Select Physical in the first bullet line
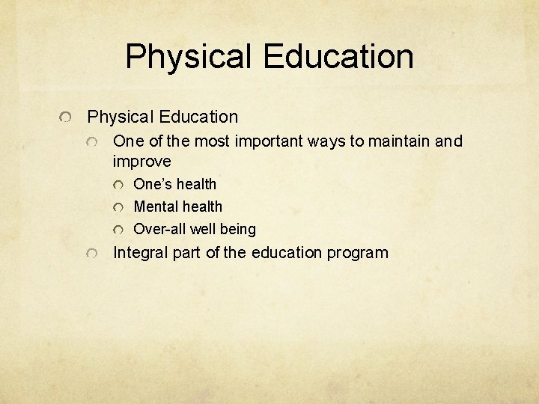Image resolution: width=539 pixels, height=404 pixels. coord(120,117)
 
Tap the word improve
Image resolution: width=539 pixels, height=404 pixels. coord(141,162)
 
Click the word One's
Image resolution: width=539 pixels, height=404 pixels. coord(153,184)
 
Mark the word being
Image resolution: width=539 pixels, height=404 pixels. coord(238,229)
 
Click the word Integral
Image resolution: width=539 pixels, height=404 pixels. coord(141,253)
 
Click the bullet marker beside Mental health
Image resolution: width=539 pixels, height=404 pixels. coord(118,207)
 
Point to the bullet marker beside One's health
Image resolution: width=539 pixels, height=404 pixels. coord(118,185)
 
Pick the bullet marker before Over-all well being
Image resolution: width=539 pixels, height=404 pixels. coord(118,230)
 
